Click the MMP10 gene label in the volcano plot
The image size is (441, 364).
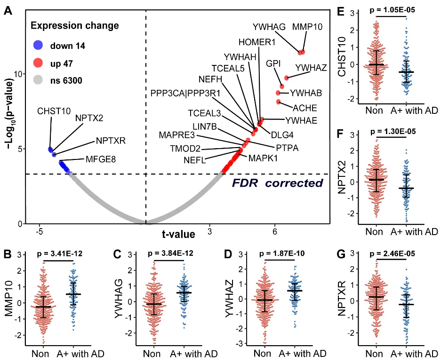pyautogui.click(x=307, y=27)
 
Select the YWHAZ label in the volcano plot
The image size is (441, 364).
pyautogui.click(x=311, y=69)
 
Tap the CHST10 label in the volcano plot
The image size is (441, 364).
pyautogui.click(x=54, y=111)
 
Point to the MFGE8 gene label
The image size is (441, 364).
pyautogui.click(x=99, y=159)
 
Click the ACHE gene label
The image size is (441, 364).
pyautogui.click(x=305, y=108)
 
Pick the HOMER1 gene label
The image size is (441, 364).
pyautogui.click(x=257, y=42)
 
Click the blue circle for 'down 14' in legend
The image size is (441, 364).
pyautogui.click(x=38, y=46)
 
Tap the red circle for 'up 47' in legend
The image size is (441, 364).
pyautogui.click(x=38, y=63)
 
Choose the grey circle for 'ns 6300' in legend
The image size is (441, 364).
pyautogui.click(x=38, y=80)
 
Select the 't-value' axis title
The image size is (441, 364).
pyautogui.click(x=178, y=233)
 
